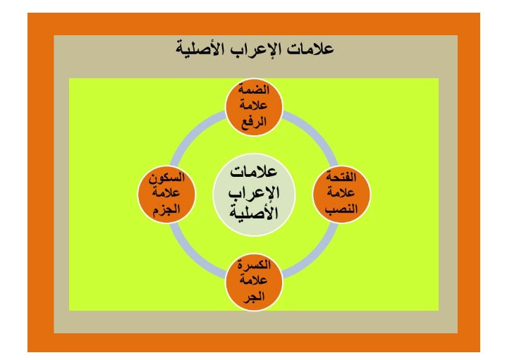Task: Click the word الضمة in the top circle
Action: click(x=254, y=89)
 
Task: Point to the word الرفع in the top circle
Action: click(x=254, y=122)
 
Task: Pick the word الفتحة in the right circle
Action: click(x=341, y=177)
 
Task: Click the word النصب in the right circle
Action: click(x=341, y=209)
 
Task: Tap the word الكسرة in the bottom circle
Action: click(x=254, y=265)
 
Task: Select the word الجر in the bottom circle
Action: click(x=254, y=297)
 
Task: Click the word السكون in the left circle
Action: click(x=166, y=178)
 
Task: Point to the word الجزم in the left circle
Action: click(x=166, y=209)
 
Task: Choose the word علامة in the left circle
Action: click(x=166, y=193)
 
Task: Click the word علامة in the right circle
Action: click(x=341, y=192)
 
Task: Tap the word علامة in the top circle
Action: click(x=254, y=106)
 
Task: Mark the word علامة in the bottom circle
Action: click(x=254, y=280)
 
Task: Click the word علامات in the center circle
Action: click(x=254, y=172)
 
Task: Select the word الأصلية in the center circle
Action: click(x=254, y=212)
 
